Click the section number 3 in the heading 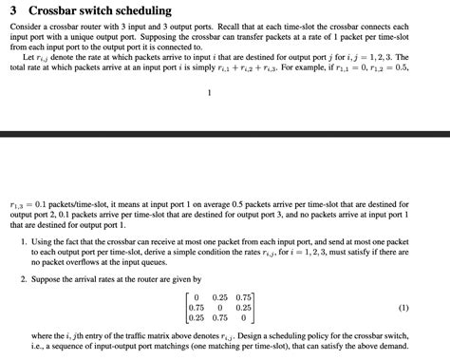(13, 11)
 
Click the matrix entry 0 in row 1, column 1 (196, 297)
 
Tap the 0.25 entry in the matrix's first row (220, 297)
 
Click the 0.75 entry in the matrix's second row (197, 308)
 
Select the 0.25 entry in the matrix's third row (197, 318)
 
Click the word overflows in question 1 (91, 266)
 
